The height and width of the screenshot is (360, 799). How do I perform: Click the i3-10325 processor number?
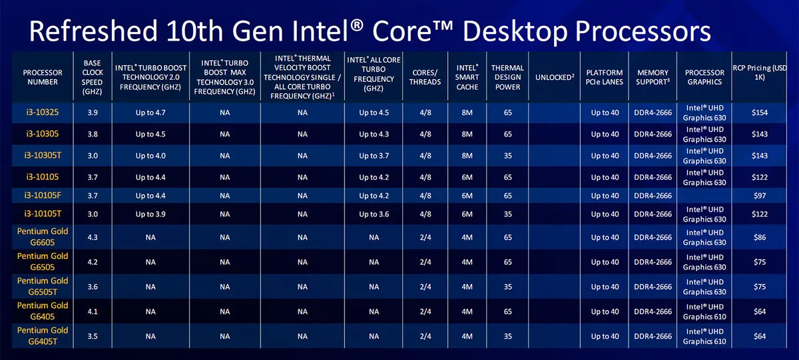tap(43, 112)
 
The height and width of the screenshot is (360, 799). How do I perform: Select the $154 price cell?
tap(759, 112)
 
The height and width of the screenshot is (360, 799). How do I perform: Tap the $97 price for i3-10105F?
tap(759, 196)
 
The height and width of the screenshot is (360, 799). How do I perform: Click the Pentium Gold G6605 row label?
tap(43, 237)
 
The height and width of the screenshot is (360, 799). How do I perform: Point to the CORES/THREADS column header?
tap(425, 77)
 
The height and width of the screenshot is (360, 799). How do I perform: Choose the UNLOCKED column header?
tap(554, 77)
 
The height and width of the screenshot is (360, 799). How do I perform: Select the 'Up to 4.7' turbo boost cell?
tap(150, 112)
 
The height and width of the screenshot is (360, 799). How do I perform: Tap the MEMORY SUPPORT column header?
tap(653, 77)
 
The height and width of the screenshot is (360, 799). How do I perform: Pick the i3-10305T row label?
tap(43, 155)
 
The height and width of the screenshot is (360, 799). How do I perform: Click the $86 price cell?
tap(759, 237)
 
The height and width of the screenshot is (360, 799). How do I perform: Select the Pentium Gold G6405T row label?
tap(43, 335)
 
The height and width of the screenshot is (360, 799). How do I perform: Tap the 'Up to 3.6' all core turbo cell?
tap(374, 214)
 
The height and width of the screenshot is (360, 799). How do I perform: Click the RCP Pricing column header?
tap(759, 73)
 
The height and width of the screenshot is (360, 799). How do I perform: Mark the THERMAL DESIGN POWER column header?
tap(507, 77)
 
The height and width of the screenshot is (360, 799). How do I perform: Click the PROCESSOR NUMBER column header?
tap(43, 77)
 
